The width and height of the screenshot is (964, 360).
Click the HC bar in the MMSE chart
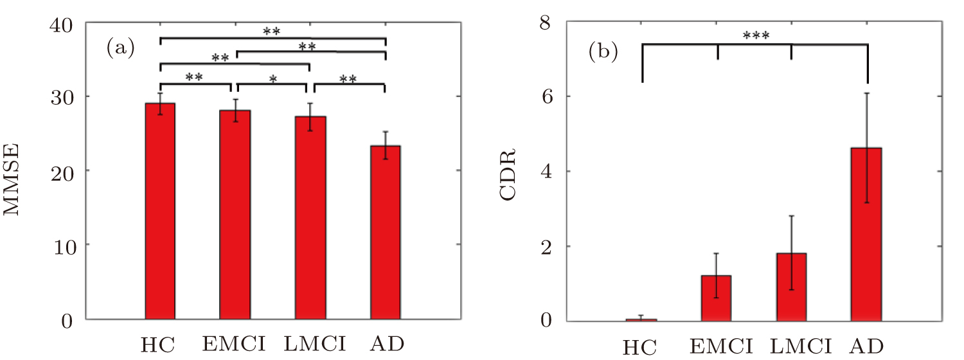tap(160, 211)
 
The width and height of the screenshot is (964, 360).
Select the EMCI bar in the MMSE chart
tap(235, 215)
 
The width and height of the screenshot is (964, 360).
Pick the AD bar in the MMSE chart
tap(386, 232)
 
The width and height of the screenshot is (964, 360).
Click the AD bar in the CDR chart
tap(866, 234)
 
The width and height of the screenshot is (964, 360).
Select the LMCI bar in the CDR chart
tap(791, 287)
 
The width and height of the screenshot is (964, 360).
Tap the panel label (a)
tap(121, 48)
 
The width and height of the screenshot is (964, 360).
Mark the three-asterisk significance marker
tap(756, 35)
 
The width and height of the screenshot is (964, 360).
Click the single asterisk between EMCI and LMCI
tap(274, 79)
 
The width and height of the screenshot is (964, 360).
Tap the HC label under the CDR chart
tap(640, 347)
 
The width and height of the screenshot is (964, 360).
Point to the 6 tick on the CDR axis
tap(546, 96)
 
